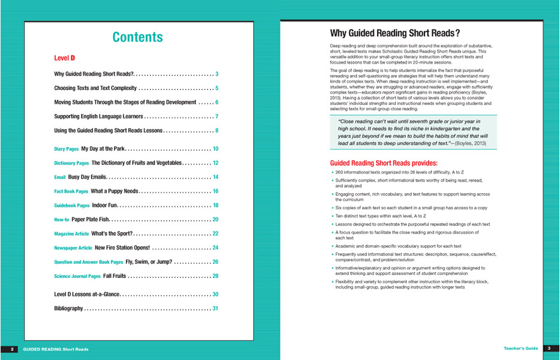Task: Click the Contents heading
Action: [x=137, y=37]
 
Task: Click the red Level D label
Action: [x=64, y=58]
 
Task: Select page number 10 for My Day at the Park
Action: [x=215, y=149]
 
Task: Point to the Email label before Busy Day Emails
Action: [x=60, y=178]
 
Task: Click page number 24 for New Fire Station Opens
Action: [x=215, y=248]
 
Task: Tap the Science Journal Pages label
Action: [x=77, y=277]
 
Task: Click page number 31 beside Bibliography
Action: [x=215, y=309]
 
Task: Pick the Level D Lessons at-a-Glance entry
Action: [x=87, y=295]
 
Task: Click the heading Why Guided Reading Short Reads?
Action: [x=395, y=34]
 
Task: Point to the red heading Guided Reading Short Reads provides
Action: [x=384, y=163]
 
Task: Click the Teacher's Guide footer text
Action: [x=520, y=349]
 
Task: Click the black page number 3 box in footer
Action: [x=549, y=349]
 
